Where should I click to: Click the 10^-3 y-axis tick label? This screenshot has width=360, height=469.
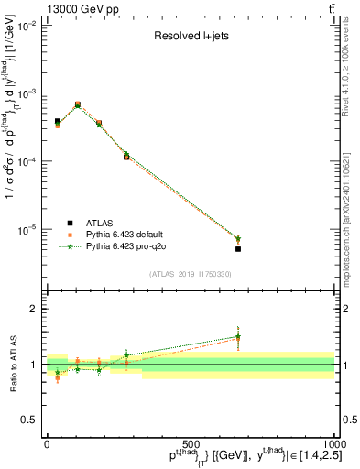point(27,94)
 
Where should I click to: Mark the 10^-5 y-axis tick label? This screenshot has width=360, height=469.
point(27,229)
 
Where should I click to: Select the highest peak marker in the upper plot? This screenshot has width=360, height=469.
point(77,104)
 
